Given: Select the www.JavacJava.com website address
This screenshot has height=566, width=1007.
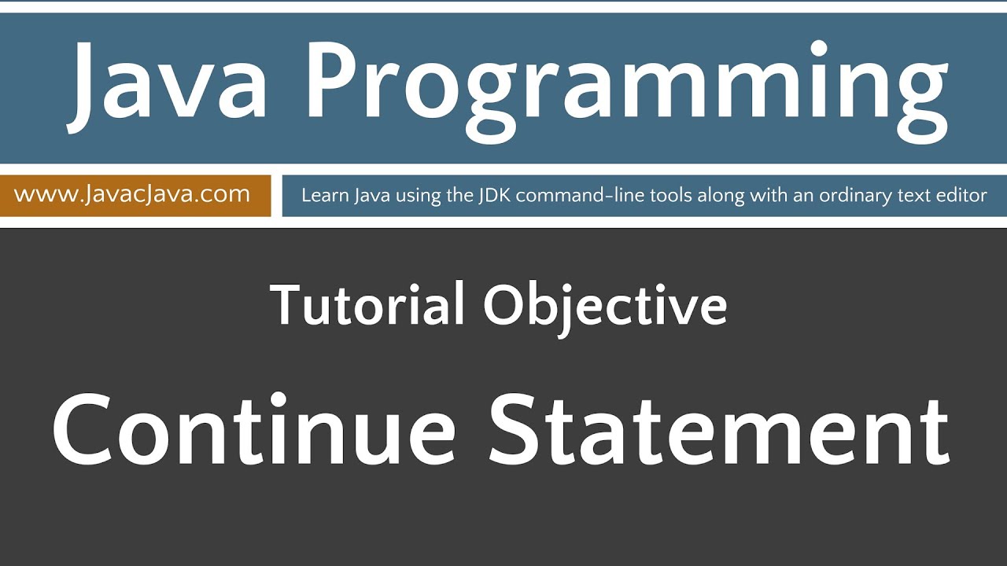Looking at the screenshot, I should tap(132, 194).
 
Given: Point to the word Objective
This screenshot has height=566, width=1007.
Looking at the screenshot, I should tap(604, 307).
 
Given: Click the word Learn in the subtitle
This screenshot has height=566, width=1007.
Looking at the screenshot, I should tap(323, 195).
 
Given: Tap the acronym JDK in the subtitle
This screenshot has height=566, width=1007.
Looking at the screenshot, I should tap(492, 195).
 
